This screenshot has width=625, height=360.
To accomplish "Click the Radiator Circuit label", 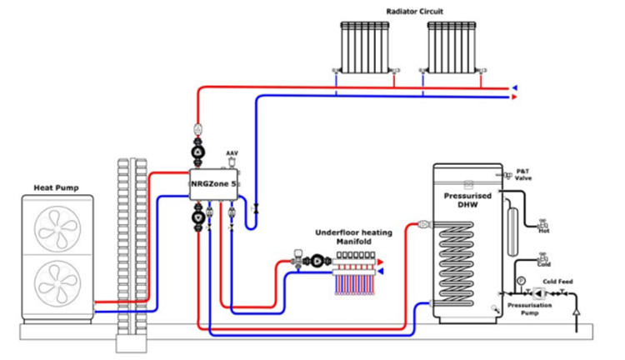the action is click(x=414, y=12).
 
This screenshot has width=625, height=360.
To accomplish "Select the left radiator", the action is click(x=365, y=47).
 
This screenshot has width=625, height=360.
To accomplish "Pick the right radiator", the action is click(x=452, y=47).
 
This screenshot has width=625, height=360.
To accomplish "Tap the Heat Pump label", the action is click(x=56, y=187).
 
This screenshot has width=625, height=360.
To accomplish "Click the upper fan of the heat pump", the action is click(x=57, y=228).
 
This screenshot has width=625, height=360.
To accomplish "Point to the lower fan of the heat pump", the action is click(x=57, y=283).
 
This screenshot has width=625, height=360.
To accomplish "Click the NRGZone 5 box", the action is click(x=214, y=184).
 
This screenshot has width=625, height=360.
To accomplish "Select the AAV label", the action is click(x=232, y=153).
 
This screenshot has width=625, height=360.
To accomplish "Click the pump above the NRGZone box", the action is click(x=198, y=152).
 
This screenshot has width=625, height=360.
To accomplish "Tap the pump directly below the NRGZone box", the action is click(x=198, y=217).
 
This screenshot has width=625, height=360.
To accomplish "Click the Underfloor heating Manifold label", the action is click(x=353, y=237).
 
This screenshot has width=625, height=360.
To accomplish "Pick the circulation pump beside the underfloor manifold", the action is click(x=317, y=261).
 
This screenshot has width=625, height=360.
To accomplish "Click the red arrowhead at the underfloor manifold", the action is click(x=381, y=262).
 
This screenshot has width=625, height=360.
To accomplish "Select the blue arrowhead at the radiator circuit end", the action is click(x=515, y=87).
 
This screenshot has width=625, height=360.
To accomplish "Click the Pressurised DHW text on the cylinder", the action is click(x=467, y=200).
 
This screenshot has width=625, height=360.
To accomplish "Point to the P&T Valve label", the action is click(x=523, y=175).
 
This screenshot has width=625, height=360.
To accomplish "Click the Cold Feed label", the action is click(x=557, y=282).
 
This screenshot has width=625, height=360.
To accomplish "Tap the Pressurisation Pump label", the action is click(x=530, y=309).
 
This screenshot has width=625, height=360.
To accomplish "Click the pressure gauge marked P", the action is click(x=521, y=281).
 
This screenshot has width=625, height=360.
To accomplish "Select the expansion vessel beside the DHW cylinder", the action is click(x=512, y=231).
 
